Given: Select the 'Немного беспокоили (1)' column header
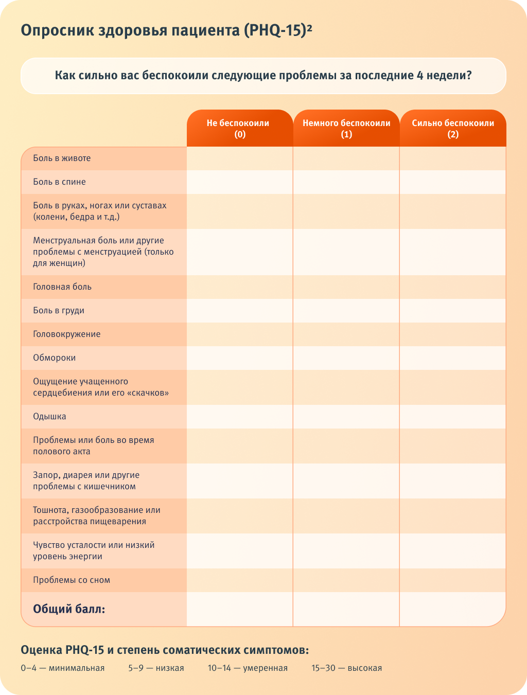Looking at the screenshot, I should (346, 129).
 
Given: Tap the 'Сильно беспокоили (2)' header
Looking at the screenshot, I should (453, 129).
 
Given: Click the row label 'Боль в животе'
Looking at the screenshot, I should (62, 158).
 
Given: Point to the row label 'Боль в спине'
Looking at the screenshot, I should (59, 182).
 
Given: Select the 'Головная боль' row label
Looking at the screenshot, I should (62, 287).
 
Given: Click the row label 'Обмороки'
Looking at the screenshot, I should (54, 358).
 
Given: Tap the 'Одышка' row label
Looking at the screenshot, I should (49, 417).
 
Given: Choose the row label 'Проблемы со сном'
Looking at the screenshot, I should (72, 580).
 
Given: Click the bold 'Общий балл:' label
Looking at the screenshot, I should (69, 610).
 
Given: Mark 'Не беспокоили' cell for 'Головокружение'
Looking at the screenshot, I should (240, 334).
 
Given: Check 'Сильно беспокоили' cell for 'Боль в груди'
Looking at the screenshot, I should (453, 311).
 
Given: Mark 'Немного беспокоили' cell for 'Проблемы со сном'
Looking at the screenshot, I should (346, 580).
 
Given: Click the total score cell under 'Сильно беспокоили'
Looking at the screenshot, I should (453, 610).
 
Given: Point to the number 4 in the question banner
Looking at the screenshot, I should (420, 76).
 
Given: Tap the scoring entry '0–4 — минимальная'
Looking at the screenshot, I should (62, 668).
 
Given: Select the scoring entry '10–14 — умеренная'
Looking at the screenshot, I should (248, 668).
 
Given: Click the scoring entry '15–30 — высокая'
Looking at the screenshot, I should (346, 668).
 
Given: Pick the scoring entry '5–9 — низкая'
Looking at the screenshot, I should (156, 668).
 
